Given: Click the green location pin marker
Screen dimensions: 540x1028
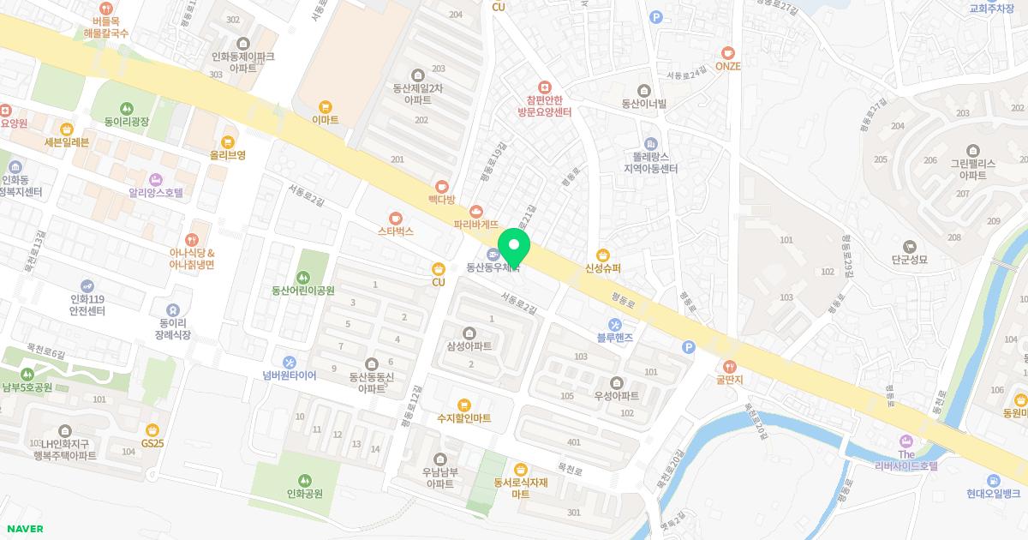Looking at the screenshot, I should (x=514, y=248).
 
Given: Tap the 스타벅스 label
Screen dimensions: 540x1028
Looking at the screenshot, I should (x=395, y=231).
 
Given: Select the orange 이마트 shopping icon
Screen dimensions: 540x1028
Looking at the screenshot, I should (x=325, y=107).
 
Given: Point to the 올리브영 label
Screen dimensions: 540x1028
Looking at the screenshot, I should (x=228, y=155).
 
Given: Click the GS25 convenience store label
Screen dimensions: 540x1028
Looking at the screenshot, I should (x=152, y=443).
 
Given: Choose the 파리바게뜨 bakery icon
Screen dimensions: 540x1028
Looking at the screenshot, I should (x=476, y=211).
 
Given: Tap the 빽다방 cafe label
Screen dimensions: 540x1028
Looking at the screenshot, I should (x=442, y=199).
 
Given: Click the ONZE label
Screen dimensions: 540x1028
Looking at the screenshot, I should (x=727, y=66).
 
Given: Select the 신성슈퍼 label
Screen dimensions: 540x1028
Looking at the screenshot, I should (x=603, y=268).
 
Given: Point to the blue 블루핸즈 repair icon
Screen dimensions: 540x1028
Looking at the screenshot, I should (x=614, y=323).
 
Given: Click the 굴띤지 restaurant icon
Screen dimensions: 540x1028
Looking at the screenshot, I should (x=730, y=366).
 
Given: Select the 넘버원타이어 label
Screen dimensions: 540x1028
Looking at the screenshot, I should (x=290, y=375).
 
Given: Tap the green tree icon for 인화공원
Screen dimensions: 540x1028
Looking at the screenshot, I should (x=304, y=480).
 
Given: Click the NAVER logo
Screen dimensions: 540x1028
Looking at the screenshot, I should (x=24, y=529).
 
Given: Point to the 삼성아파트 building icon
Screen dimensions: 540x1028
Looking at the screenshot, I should (x=469, y=333).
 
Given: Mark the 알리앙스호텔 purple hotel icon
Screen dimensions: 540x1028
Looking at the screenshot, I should (x=156, y=179).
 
